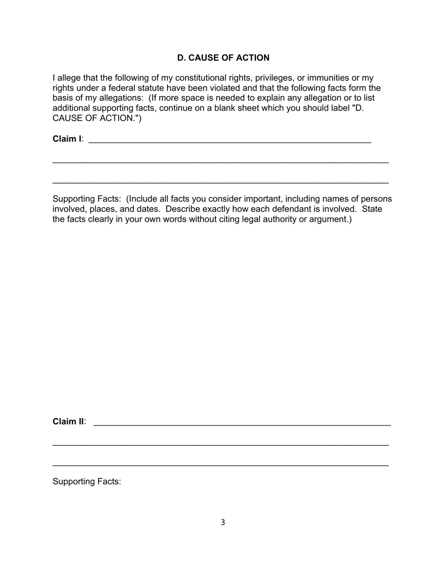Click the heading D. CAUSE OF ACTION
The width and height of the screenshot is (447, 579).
pos(223,58)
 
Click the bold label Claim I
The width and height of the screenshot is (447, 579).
pos(67,139)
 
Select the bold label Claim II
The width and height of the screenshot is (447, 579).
pos(68,421)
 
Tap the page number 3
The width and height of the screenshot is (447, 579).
pos(223,522)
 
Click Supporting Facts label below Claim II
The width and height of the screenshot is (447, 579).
pos(87,482)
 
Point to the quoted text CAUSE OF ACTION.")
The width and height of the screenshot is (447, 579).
pos(97,118)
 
